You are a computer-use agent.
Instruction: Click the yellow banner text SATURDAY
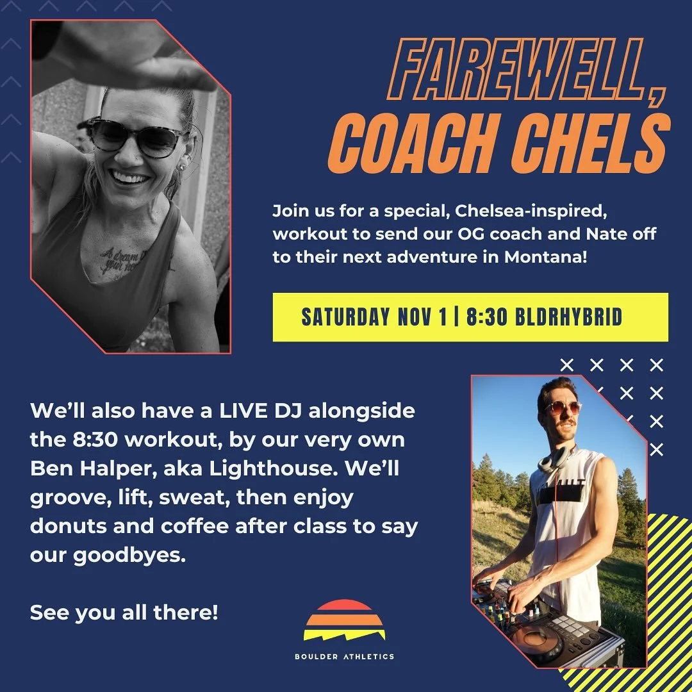pyautogui.click(x=345, y=317)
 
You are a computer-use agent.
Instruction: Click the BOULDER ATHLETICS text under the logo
pyautogui.click(x=345, y=656)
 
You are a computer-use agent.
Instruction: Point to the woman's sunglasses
pyautogui.click(x=137, y=136)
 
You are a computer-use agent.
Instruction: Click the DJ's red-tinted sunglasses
pyautogui.click(x=562, y=407)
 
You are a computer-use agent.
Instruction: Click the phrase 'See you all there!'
pyautogui.click(x=124, y=612)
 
